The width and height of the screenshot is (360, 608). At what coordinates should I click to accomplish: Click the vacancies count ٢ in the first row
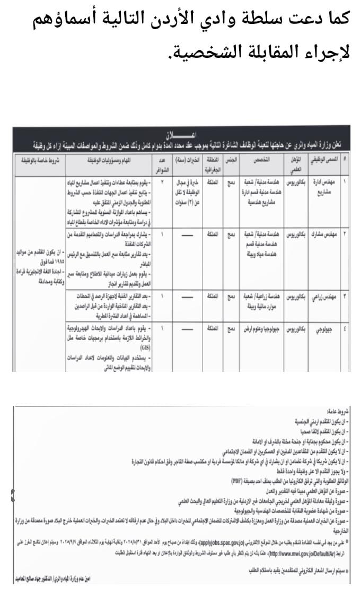[x=162, y=181]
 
